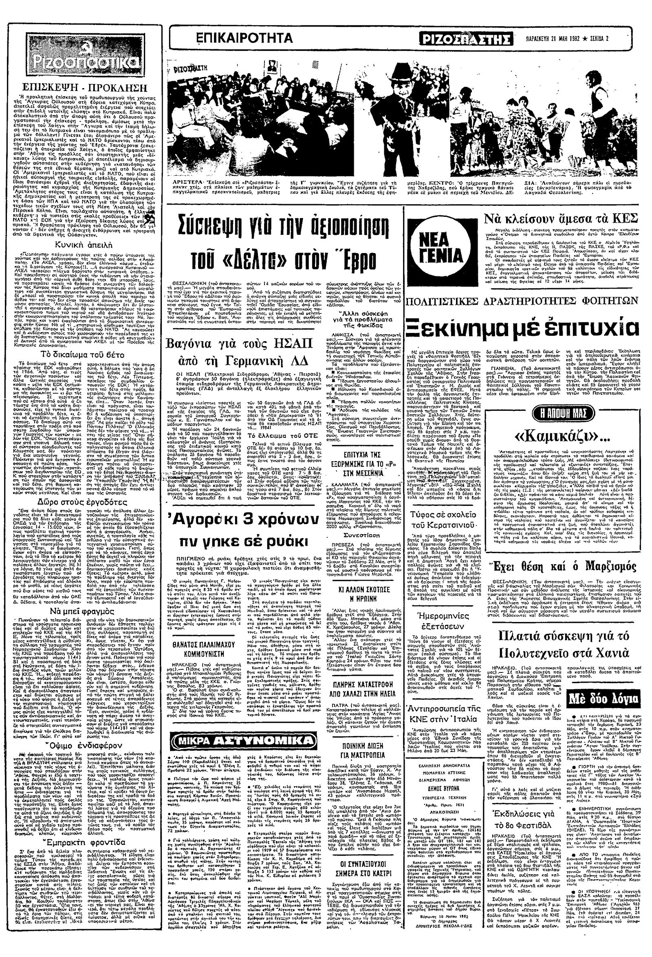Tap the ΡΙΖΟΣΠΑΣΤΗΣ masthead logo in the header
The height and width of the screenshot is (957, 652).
[x=466, y=39]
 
